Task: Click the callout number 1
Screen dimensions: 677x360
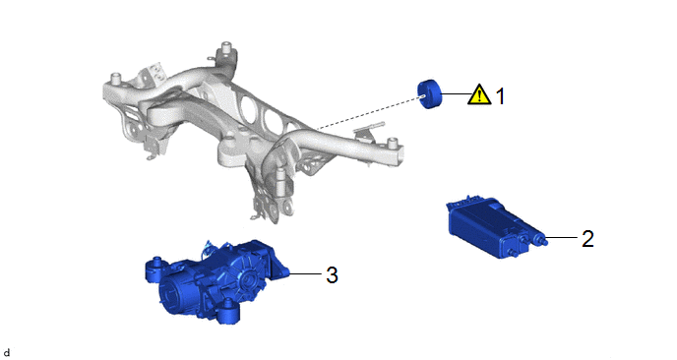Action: point(500,95)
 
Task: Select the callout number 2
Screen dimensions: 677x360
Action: point(587,239)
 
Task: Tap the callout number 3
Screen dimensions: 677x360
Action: point(332,274)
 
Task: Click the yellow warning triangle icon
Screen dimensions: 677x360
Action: point(479,94)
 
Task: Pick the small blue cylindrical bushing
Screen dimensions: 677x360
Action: point(430,94)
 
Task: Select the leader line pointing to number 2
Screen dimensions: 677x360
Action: point(562,237)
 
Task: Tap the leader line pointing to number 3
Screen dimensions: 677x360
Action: point(306,273)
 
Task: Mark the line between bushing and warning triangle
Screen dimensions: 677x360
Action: point(457,93)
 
